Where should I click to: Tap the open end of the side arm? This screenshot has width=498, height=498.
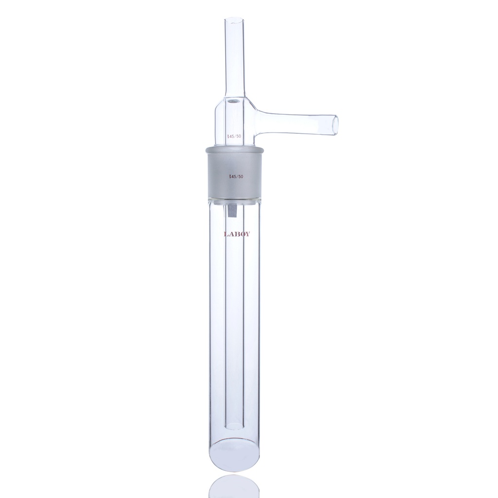pyautogui.click(x=334, y=124)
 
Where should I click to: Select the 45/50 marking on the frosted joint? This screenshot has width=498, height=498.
pyautogui.click(x=235, y=177)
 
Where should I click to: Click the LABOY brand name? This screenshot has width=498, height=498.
pyautogui.click(x=237, y=234)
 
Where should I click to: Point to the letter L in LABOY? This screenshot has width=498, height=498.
pyautogui.click(x=226, y=234)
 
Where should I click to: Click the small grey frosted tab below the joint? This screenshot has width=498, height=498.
pyautogui.click(x=232, y=211)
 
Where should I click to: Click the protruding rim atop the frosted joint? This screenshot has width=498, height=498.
pyautogui.click(x=235, y=147)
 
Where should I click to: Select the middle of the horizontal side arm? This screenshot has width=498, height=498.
pyautogui.click(x=297, y=120)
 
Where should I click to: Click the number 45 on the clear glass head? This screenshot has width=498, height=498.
pyautogui.click(x=231, y=136)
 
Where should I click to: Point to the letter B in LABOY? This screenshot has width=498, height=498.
pyautogui.click(x=237, y=234)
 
